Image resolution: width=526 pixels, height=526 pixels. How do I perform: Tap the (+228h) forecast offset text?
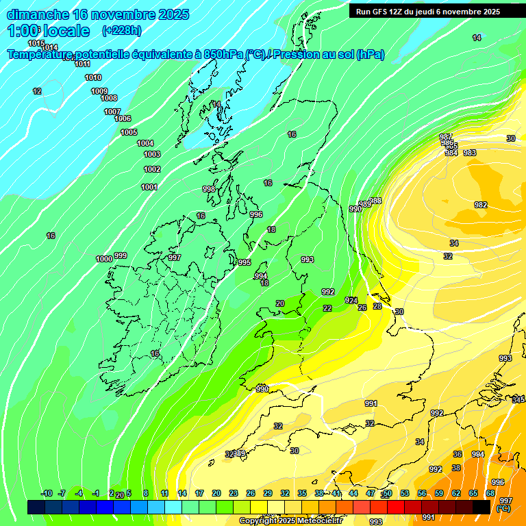[121, 31]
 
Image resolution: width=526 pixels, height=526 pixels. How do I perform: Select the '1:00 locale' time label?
[49, 31]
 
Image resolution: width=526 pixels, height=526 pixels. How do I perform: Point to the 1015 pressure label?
[36, 43]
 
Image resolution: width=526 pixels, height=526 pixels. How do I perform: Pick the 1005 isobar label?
[129, 132]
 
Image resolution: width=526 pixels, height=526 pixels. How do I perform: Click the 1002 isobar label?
[152, 169]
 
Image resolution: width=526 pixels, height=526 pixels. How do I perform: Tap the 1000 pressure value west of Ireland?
[104, 259]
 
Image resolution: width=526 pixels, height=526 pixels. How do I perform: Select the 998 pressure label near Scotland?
[209, 189]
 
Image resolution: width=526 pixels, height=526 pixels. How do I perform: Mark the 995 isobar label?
[245, 262]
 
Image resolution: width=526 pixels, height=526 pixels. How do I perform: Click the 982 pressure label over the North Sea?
[481, 205]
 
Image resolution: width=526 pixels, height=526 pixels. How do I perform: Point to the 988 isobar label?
[375, 201]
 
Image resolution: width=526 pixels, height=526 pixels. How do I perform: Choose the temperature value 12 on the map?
[37, 91]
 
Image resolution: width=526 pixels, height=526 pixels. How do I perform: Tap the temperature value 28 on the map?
[377, 306]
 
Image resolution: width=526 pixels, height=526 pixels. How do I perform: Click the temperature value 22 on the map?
[327, 308]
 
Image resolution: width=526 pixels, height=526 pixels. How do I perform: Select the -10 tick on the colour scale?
[47, 493]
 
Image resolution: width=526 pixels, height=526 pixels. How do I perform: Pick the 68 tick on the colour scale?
[490, 493]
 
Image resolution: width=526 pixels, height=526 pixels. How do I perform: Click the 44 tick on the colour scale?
[353, 493]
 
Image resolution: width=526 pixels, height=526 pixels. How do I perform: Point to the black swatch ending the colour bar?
[481, 507]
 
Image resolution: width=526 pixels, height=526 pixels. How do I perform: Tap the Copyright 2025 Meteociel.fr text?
[290, 521]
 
